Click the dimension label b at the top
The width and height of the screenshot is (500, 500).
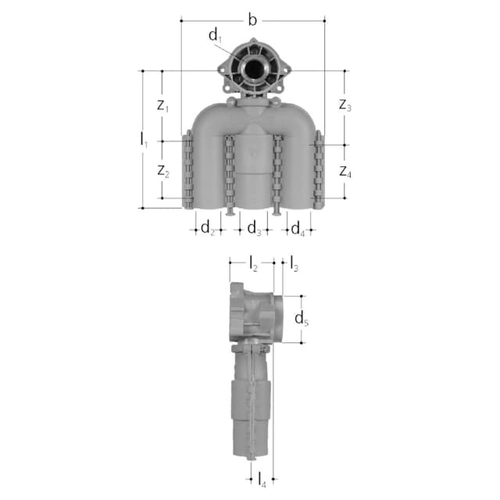pyautogui.click(x=252, y=20)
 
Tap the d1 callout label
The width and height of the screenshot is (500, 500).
pyautogui.click(x=216, y=35)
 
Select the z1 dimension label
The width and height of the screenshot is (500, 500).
pyautogui.click(x=162, y=105)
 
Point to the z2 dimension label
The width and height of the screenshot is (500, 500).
pyautogui.click(x=163, y=171)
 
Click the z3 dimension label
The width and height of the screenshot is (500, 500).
pyautogui.click(x=345, y=105)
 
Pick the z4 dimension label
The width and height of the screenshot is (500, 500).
pyautogui.click(x=345, y=172)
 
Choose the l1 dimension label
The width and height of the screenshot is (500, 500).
pyautogui.click(x=144, y=141)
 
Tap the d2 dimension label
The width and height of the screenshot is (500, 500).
pyautogui.click(x=208, y=228)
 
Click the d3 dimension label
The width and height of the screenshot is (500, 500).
pyautogui.click(x=254, y=228)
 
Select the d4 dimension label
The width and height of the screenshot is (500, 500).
pyautogui.click(x=298, y=229)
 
